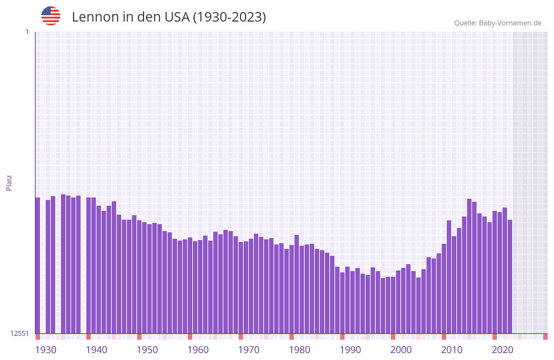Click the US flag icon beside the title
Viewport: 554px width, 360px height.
pyautogui.click(x=51, y=16)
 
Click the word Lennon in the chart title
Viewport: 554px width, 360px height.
pyautogui.click(x=93, y=17)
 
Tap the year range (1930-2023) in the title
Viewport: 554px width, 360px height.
pyautogui.click(x=229, y=17)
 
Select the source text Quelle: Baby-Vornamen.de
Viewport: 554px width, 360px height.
pyautogui.click(x=498, y=23)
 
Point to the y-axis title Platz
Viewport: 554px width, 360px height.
pyautogui.click(x=9, y=182)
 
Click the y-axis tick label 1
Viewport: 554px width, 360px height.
pyautogui.click(x=27, y=32)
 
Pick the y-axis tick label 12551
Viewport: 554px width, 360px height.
pyautogui.click(x=20, y=333)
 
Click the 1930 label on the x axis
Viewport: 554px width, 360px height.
pyautogui.click(x=46, y=350)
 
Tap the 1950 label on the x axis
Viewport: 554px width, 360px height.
pyautogui.click(x=147, y=350)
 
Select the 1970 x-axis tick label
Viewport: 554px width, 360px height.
pyautogui.click(x=249, y=350)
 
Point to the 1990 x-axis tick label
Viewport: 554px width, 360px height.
pyautogui.click(x=350, y=350)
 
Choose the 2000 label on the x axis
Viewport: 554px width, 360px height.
pyautogui.click(x=401, y=350)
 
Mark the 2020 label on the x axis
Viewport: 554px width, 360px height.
pyautogui.click(x=503, y=350)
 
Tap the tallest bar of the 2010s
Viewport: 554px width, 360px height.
pyautogui.click(x=469, y=266)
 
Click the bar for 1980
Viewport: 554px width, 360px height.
pyautogui.click(x=291, y=289)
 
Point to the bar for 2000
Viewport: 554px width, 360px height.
pyautogui.click(x=393, y=305)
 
